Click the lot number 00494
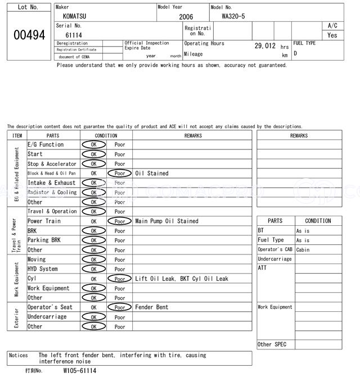[29, 34]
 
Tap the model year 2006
[186, 17]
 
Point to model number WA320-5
[233, 16]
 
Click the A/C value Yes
[332, 35]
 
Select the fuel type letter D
[295, 53]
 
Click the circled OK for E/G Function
[94, 144]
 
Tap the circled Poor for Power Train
[119, 221]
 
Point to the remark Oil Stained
[152, 174]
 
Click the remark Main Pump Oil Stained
[166, 221]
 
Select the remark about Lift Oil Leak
[182, 279]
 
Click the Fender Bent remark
[152, 307]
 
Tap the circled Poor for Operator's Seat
[119, 307]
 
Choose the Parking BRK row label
[46, 240]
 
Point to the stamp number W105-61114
[79, 371]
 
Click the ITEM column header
[17, 135]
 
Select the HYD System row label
[43, 269]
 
